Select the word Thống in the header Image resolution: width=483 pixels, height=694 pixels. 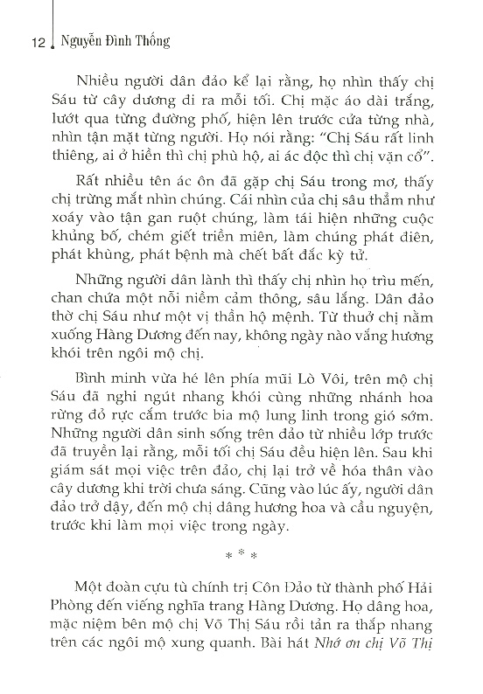(155, 41)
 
